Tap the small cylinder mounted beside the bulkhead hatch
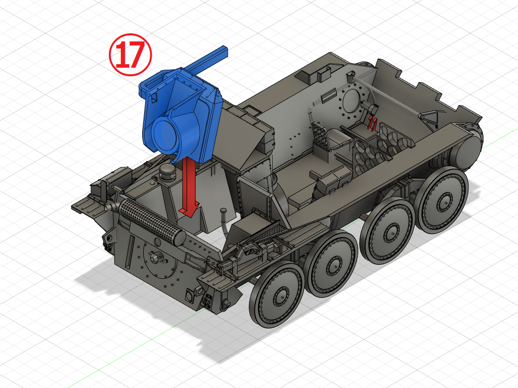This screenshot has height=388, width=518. (x=373, y=109)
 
